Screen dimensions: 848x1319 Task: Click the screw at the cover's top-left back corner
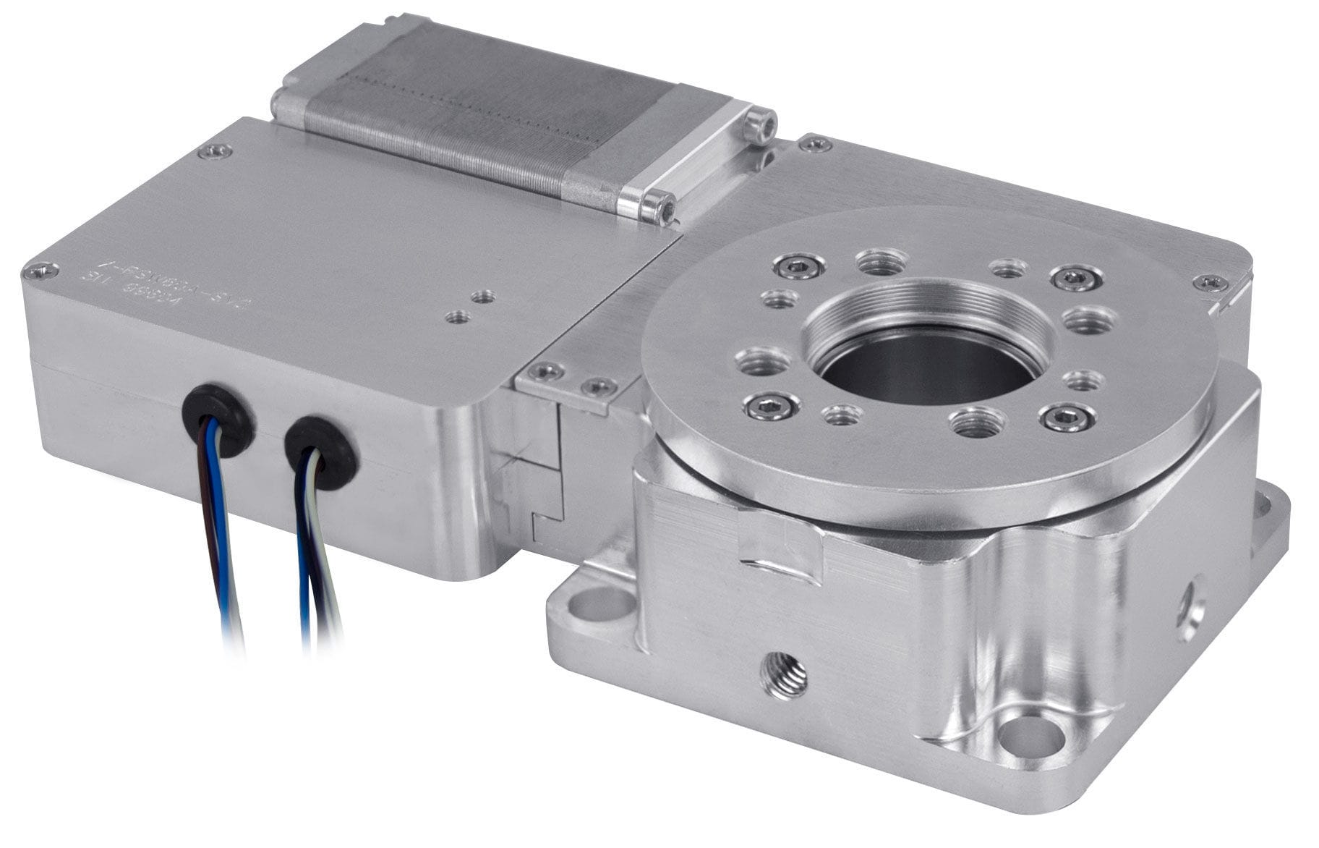(215, 151)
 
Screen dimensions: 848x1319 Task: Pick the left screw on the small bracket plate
(545, 372)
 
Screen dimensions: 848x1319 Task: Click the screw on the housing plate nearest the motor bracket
(816, 144)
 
